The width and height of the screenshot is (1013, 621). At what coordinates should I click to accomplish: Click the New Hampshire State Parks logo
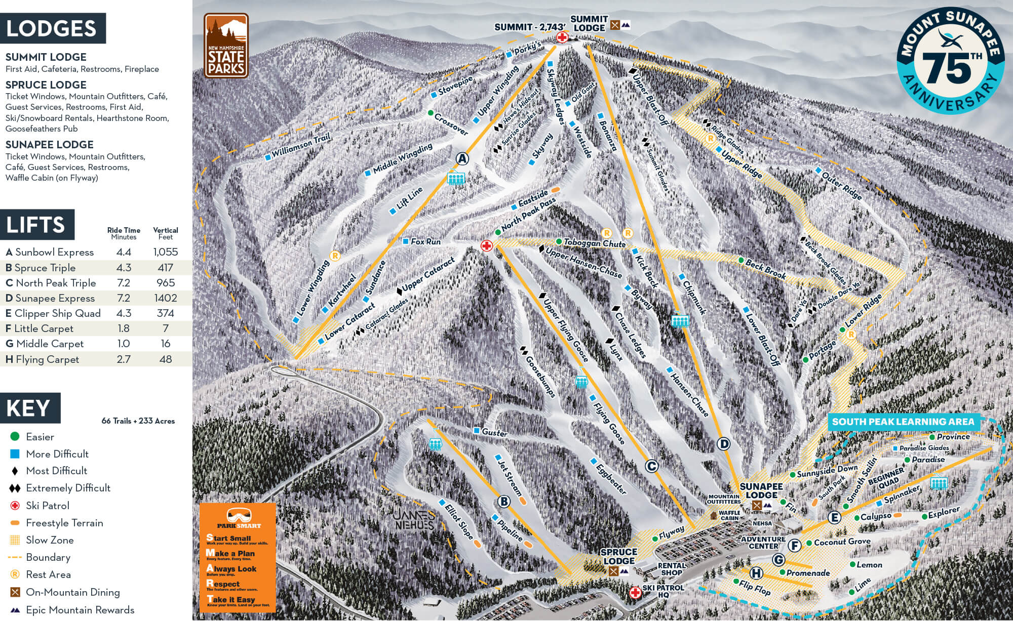[226, 46]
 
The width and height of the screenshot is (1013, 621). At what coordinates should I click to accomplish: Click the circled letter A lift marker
[461, 158]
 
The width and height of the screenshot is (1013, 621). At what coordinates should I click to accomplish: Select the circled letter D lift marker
[724, 444]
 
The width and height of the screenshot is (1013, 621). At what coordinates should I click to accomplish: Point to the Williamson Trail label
[301, 146]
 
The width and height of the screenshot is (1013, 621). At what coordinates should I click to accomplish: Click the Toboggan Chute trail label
[595, 243]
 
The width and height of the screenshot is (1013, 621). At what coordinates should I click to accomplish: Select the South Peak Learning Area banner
[903, 422]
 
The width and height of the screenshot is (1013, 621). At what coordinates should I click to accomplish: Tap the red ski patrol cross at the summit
[562, 37]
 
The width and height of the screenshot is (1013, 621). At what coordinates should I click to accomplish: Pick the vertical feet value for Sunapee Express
[166, 298]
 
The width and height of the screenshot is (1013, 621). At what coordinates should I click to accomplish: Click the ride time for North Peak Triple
[124, 283]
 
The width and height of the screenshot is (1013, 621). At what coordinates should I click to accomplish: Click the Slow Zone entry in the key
[50, 540]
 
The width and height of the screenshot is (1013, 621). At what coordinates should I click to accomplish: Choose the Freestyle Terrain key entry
[64, 523]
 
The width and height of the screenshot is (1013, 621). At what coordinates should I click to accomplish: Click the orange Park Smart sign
[238, 557]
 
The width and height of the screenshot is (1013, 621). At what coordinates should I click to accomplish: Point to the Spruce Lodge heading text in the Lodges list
[46, 85]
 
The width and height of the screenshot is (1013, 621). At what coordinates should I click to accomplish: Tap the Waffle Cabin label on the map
[729, 515]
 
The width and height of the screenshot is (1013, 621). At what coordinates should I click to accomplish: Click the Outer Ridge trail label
[841, 186]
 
